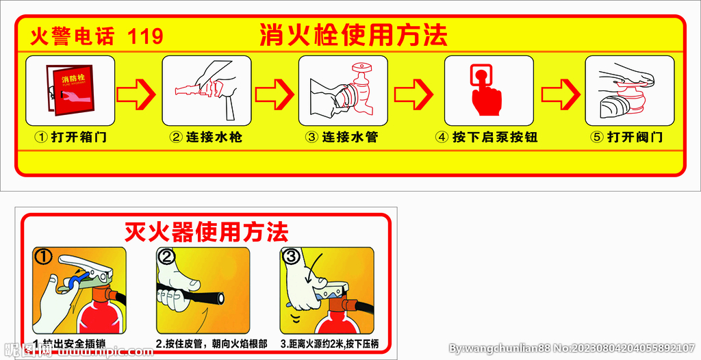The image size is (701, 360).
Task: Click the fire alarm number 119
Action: point(145,36)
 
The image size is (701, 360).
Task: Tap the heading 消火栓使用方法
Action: point(353,35)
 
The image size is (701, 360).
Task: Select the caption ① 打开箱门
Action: point(71,137)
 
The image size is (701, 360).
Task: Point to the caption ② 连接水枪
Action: point(206,137)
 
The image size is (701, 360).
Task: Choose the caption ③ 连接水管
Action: point(342,137)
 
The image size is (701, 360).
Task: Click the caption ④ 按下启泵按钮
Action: point(487,137)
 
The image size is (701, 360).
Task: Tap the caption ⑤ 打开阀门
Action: point(627,137)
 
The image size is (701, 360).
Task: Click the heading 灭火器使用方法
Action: point(206,232)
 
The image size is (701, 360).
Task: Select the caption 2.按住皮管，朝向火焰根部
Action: point(212,344)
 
